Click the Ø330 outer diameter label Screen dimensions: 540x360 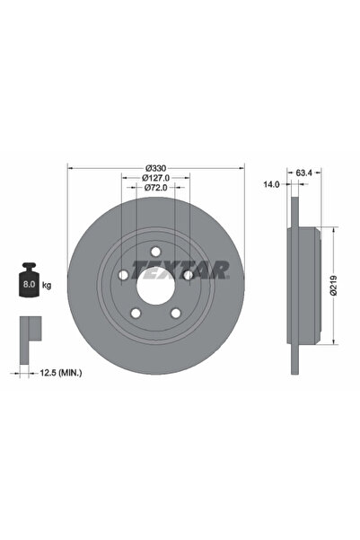click(x=155, y=168)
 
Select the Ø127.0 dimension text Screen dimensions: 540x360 click(x=155, y=178)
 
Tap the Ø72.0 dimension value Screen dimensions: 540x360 click(x=155, y=188)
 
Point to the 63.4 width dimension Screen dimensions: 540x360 click(x=303, y=171)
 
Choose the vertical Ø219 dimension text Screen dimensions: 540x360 click(x=332, y=285)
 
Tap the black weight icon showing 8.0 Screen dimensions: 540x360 click(x=27, y=282)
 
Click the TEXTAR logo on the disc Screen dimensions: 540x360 click(x=180, y=269)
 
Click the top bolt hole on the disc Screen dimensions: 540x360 click(x=154, y=252)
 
